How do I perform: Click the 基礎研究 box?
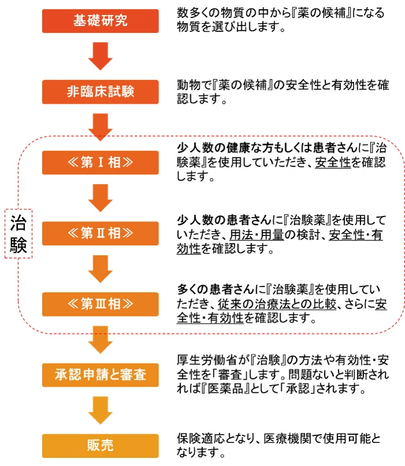[x=100, y=21]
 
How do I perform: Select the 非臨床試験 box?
[x=100, y=91]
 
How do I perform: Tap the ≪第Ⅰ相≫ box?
[x=100, y=162]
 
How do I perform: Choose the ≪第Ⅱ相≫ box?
[x=100, y=233]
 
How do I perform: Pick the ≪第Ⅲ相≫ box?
[x=100, y=304]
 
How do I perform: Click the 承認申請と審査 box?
[x=100, y=375]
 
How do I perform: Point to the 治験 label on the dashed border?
[x=19, y=234]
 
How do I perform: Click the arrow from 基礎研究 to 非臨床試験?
[x=100, y=56]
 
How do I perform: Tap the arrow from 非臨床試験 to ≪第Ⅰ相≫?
[x=100, y=127]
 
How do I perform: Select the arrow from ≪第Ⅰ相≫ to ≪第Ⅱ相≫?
[x=100, y=198]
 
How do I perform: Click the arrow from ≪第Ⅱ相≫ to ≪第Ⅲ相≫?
[x=100, y=269]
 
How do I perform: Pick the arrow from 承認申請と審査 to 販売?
[x=100, y=410]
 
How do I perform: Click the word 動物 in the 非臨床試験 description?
[x=186, y=85]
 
